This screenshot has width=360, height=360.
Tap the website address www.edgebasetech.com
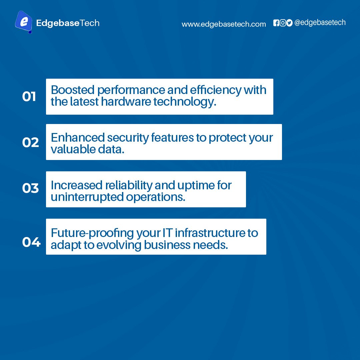pos(224,24)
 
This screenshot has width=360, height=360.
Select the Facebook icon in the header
pos(276,23)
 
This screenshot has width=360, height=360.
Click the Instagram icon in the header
pos(283,23)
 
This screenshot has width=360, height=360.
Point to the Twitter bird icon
pos(289,23)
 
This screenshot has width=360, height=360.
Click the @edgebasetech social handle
pos(320,23)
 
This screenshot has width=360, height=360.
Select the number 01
pos(29,97)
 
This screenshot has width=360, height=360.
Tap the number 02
pos(30,142)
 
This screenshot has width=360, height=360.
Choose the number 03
pos(30,188)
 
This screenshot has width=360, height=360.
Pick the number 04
pos(31,242)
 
